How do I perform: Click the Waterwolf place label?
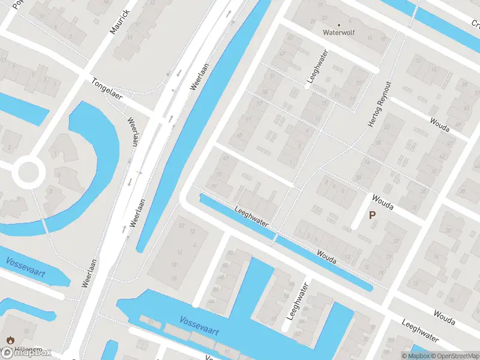pos(338,32)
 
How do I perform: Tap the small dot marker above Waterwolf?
pos(338,25)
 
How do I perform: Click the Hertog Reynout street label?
pos(379,103)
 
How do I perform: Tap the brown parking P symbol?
pos(372,215)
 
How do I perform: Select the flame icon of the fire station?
pos(10,340)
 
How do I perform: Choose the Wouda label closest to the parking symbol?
pos(382,202)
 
